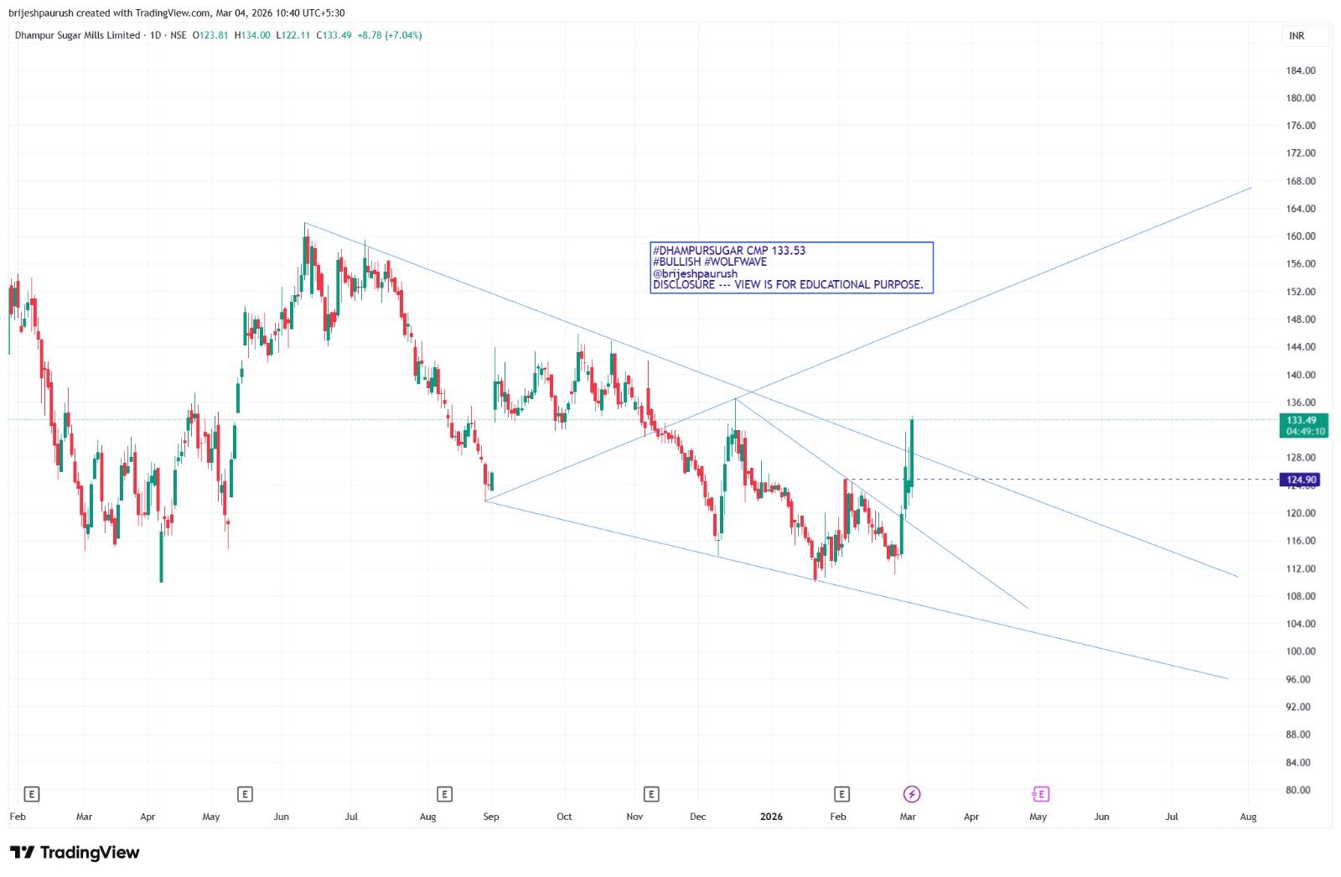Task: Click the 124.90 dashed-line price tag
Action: click(1300, 480)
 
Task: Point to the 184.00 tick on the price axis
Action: click(1301, 70)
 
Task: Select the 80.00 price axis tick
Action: click(1298, 790)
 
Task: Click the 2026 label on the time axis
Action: click(771, 817)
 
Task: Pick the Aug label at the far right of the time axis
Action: click(1248, 817)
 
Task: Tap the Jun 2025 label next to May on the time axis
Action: click(281, 817)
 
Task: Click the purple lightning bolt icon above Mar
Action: click(912, 794)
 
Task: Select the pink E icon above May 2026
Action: click(1040, 794)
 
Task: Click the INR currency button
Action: click(1297, 36)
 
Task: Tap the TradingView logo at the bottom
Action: click(75, 853)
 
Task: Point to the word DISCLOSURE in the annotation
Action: click(684, 285)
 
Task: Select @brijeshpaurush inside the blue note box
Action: click(695, 273)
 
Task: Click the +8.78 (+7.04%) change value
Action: click(389, 35)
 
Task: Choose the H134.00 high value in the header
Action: click(252, 35)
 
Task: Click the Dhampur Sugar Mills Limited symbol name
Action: click(77, 35)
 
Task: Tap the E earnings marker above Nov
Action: click(651, 794)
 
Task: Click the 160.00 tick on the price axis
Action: click(1301, 236)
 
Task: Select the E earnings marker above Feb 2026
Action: click(841, 794)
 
